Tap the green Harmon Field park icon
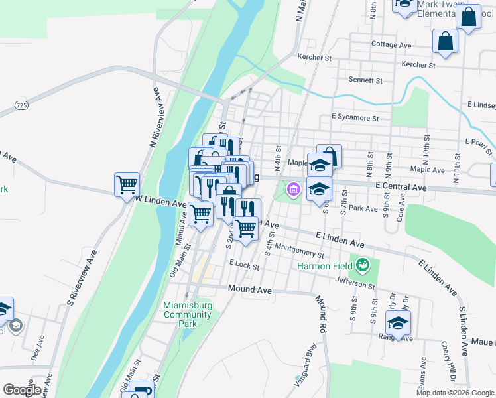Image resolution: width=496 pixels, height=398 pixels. [x=363, y=266]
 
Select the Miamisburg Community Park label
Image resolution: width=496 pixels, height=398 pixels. [x=187, y=314]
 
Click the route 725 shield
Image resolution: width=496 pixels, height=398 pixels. [x=21, y=105]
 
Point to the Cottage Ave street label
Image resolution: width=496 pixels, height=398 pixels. [x=391, y=45]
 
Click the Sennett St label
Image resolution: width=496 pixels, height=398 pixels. [x=365, y=80]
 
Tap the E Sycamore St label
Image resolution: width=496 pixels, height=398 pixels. [x=355, y=119]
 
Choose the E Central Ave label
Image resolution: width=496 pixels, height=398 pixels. [x=401, y=188]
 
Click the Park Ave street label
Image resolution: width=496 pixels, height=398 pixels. [x=363, y=208]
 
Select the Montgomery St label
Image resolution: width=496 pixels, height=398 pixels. [x=298, y=251]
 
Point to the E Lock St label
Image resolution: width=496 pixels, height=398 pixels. [x=244, y=264]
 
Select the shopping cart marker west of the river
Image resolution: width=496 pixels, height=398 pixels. [x=127, y=185]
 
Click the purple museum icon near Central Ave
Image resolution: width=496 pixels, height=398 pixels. [x=293, y=191]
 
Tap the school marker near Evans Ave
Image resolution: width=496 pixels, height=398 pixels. [x=398, y=323]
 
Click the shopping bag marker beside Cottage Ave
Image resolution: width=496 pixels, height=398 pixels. [x=445, y=40]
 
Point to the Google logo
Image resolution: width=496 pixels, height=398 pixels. [x=22, y=390]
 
